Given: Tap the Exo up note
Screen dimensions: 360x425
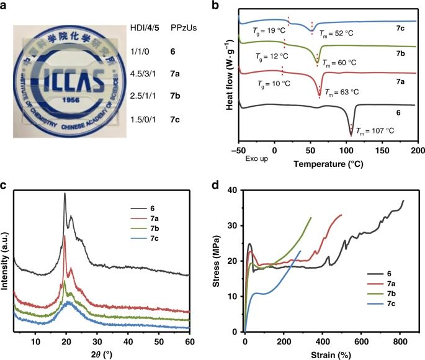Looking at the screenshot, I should (256, 160).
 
